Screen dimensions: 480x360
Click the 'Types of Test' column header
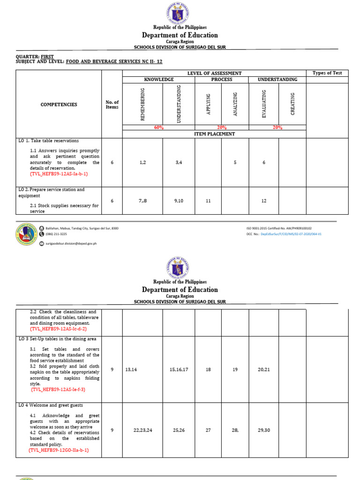(327, 73)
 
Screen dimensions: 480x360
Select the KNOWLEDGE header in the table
(158, 80)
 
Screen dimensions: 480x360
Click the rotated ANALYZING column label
(235, 105)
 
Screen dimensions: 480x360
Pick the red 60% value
(158, 127)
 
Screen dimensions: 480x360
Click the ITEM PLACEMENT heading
(214, 134)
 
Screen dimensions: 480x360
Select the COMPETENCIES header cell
(59, 105)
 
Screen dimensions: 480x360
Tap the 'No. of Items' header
(112, 105)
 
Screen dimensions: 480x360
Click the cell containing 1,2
(142, 162)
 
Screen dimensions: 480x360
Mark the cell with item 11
(208, 201)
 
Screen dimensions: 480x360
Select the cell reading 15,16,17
(179, 370)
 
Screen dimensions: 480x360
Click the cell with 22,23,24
(142, 430)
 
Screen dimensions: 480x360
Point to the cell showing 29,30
(264, 430)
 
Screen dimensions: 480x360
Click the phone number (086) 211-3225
(56, 234)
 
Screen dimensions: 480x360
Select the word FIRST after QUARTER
(47, 56)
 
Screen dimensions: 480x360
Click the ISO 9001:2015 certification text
(279, 228)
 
